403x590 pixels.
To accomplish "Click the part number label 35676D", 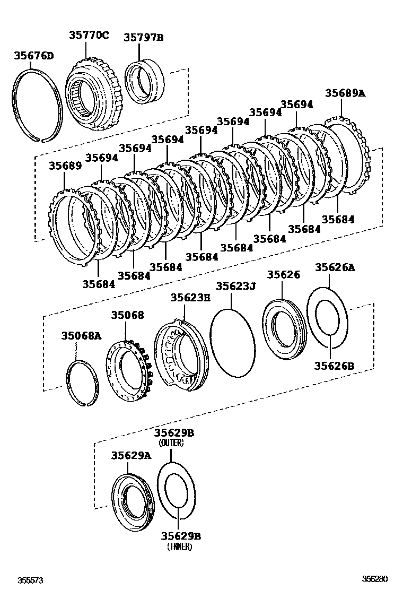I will click(34, 56).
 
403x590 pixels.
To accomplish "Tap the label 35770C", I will click(89, 36).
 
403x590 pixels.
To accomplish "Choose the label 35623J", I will click(235, 287).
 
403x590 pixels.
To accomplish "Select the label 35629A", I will click(131, 455).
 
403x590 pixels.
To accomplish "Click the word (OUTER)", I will click(173, 443).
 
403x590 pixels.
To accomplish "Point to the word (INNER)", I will click(179, 546).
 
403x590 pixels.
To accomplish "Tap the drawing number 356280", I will click(375, 579).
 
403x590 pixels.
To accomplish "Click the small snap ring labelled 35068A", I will click(83, 383).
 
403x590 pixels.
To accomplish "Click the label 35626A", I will click(335, 268).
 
